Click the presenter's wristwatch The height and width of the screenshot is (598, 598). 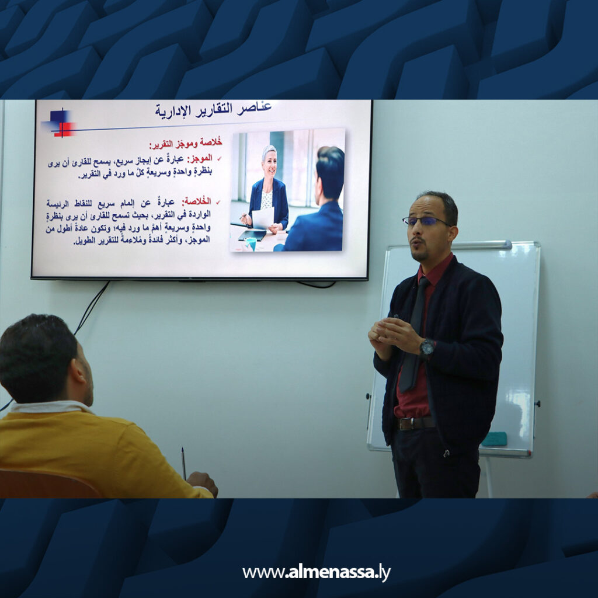427,348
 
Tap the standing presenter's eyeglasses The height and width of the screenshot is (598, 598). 426,221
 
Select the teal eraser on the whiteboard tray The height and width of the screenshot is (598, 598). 495,439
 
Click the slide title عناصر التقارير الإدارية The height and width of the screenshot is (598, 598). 213,109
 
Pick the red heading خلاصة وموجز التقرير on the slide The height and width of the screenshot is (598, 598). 181,145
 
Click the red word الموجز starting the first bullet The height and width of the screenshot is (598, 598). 199,158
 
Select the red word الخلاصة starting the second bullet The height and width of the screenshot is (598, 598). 197,201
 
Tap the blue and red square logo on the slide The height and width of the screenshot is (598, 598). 60,123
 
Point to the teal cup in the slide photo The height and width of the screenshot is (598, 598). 251,242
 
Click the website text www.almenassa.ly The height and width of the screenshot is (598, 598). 316,573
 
